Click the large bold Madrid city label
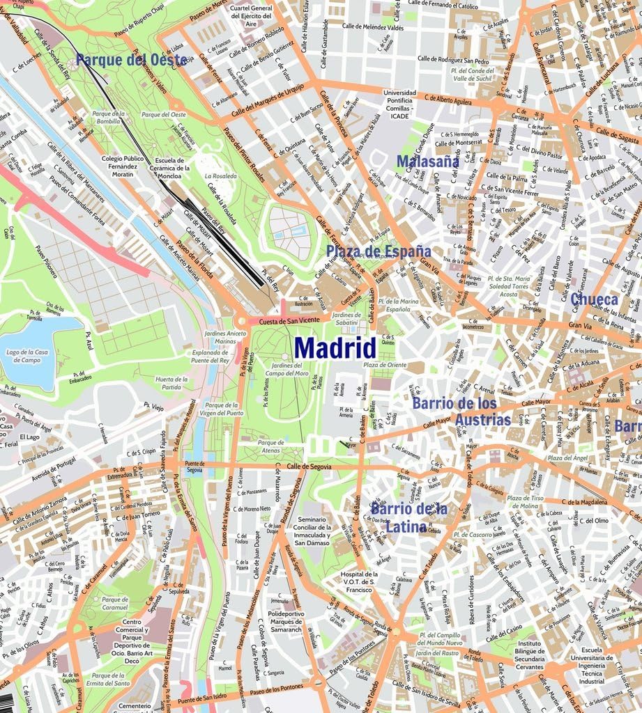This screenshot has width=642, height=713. pyautogui.click(x=335, y=347)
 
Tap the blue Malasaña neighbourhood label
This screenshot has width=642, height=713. pyautogui.click(x=427, y=162)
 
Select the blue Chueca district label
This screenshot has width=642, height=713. pyautogui.click(x=594, y=299)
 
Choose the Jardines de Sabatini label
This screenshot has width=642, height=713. pyautogui.click(x=347, y=319)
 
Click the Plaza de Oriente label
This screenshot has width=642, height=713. pyautogui.click(x=384, y=365)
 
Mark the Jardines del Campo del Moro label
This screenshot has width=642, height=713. pyautogui.click(x=290, y=370)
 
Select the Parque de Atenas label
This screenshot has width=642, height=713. pyautogui.click(x=271, y=446)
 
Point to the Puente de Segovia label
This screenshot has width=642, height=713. pyautogui.click(x=194, y=467)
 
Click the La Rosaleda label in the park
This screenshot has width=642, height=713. pyautogui.click(x=220, y=177)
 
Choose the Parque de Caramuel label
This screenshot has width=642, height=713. pyautogui.click(x=115, y=603)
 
